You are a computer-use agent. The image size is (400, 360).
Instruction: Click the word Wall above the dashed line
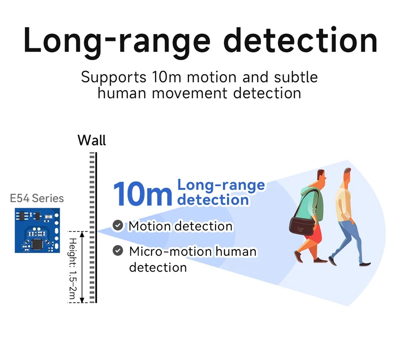(92, 140)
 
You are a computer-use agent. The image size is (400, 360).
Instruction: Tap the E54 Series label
(37, 198)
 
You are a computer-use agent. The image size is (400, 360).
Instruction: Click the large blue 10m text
(142, 194)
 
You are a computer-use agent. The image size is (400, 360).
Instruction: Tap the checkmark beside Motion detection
(118, 226)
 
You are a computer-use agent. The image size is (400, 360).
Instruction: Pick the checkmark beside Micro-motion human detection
(118, 251)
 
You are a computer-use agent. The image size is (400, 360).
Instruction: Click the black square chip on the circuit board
(37, 243)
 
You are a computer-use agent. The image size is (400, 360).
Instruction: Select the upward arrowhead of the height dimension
(83, 234)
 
